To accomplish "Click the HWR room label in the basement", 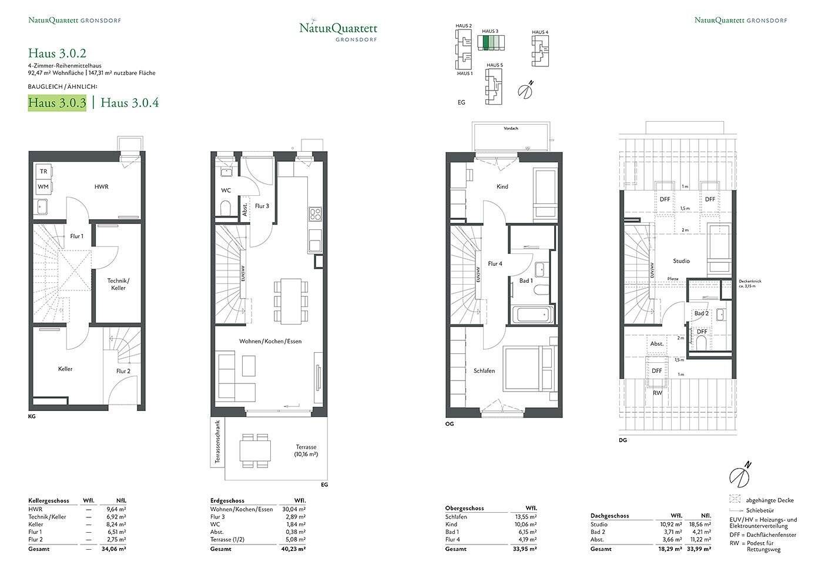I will [x=102, y=187].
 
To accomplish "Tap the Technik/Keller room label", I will [x=118, y=285].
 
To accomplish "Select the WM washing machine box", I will [x=43, y=187].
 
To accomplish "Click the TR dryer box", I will [x=43, y=172].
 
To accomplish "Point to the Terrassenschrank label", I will [x=217, y=443].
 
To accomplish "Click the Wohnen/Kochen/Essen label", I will [x=270, y=342].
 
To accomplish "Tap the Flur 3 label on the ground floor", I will [x=262, y=206].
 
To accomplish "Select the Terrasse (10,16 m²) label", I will [x=306, y=451].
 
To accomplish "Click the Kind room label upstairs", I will [x=502, y=187].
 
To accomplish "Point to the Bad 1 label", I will [x=526, y=281].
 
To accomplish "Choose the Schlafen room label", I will [x=484, y=371].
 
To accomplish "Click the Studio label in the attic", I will [x=681, y=261].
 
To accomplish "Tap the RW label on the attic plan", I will [x=657, y=393].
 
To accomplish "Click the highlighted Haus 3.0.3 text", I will [x=58, y=103].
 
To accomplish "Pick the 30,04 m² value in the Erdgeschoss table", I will [x=294, y=509].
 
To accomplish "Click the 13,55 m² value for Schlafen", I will [x=525, y=517].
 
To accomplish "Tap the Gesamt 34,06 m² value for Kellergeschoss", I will [x=115, y=549].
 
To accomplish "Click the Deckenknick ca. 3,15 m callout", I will [x=750, y=283].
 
